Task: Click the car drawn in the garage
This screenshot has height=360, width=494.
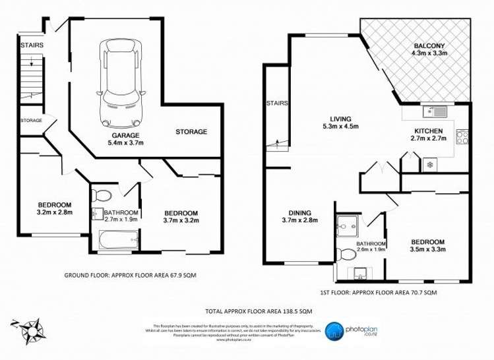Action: (x=119, y=84)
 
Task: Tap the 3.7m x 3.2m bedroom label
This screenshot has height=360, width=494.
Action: (x=181, y=217)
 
